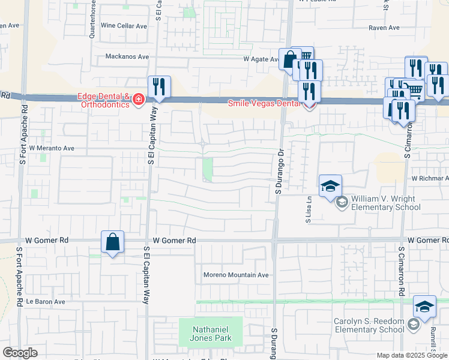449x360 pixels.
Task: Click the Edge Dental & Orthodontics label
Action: tap(103, 100)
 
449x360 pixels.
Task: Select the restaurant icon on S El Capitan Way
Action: tap(159, 86)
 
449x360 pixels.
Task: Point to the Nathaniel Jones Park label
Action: tap(211, 333)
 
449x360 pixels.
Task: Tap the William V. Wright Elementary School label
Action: tap(386, 203)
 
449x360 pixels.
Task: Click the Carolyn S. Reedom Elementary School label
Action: tap(369, 325)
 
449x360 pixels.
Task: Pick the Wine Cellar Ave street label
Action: tap(124, 26)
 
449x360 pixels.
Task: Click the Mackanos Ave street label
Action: tap(127, 57)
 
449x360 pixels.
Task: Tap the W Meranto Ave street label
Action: tap(51, 148)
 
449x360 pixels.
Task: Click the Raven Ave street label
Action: tap(384, 28)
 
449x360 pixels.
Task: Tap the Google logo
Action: tap(20, 353)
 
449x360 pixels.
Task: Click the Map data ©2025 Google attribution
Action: tap(411, 355)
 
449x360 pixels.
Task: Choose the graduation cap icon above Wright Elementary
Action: tap(330, 187)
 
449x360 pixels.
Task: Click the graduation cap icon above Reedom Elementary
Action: tap(424, 307)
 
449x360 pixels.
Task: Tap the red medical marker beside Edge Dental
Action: tap(138, 99)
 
